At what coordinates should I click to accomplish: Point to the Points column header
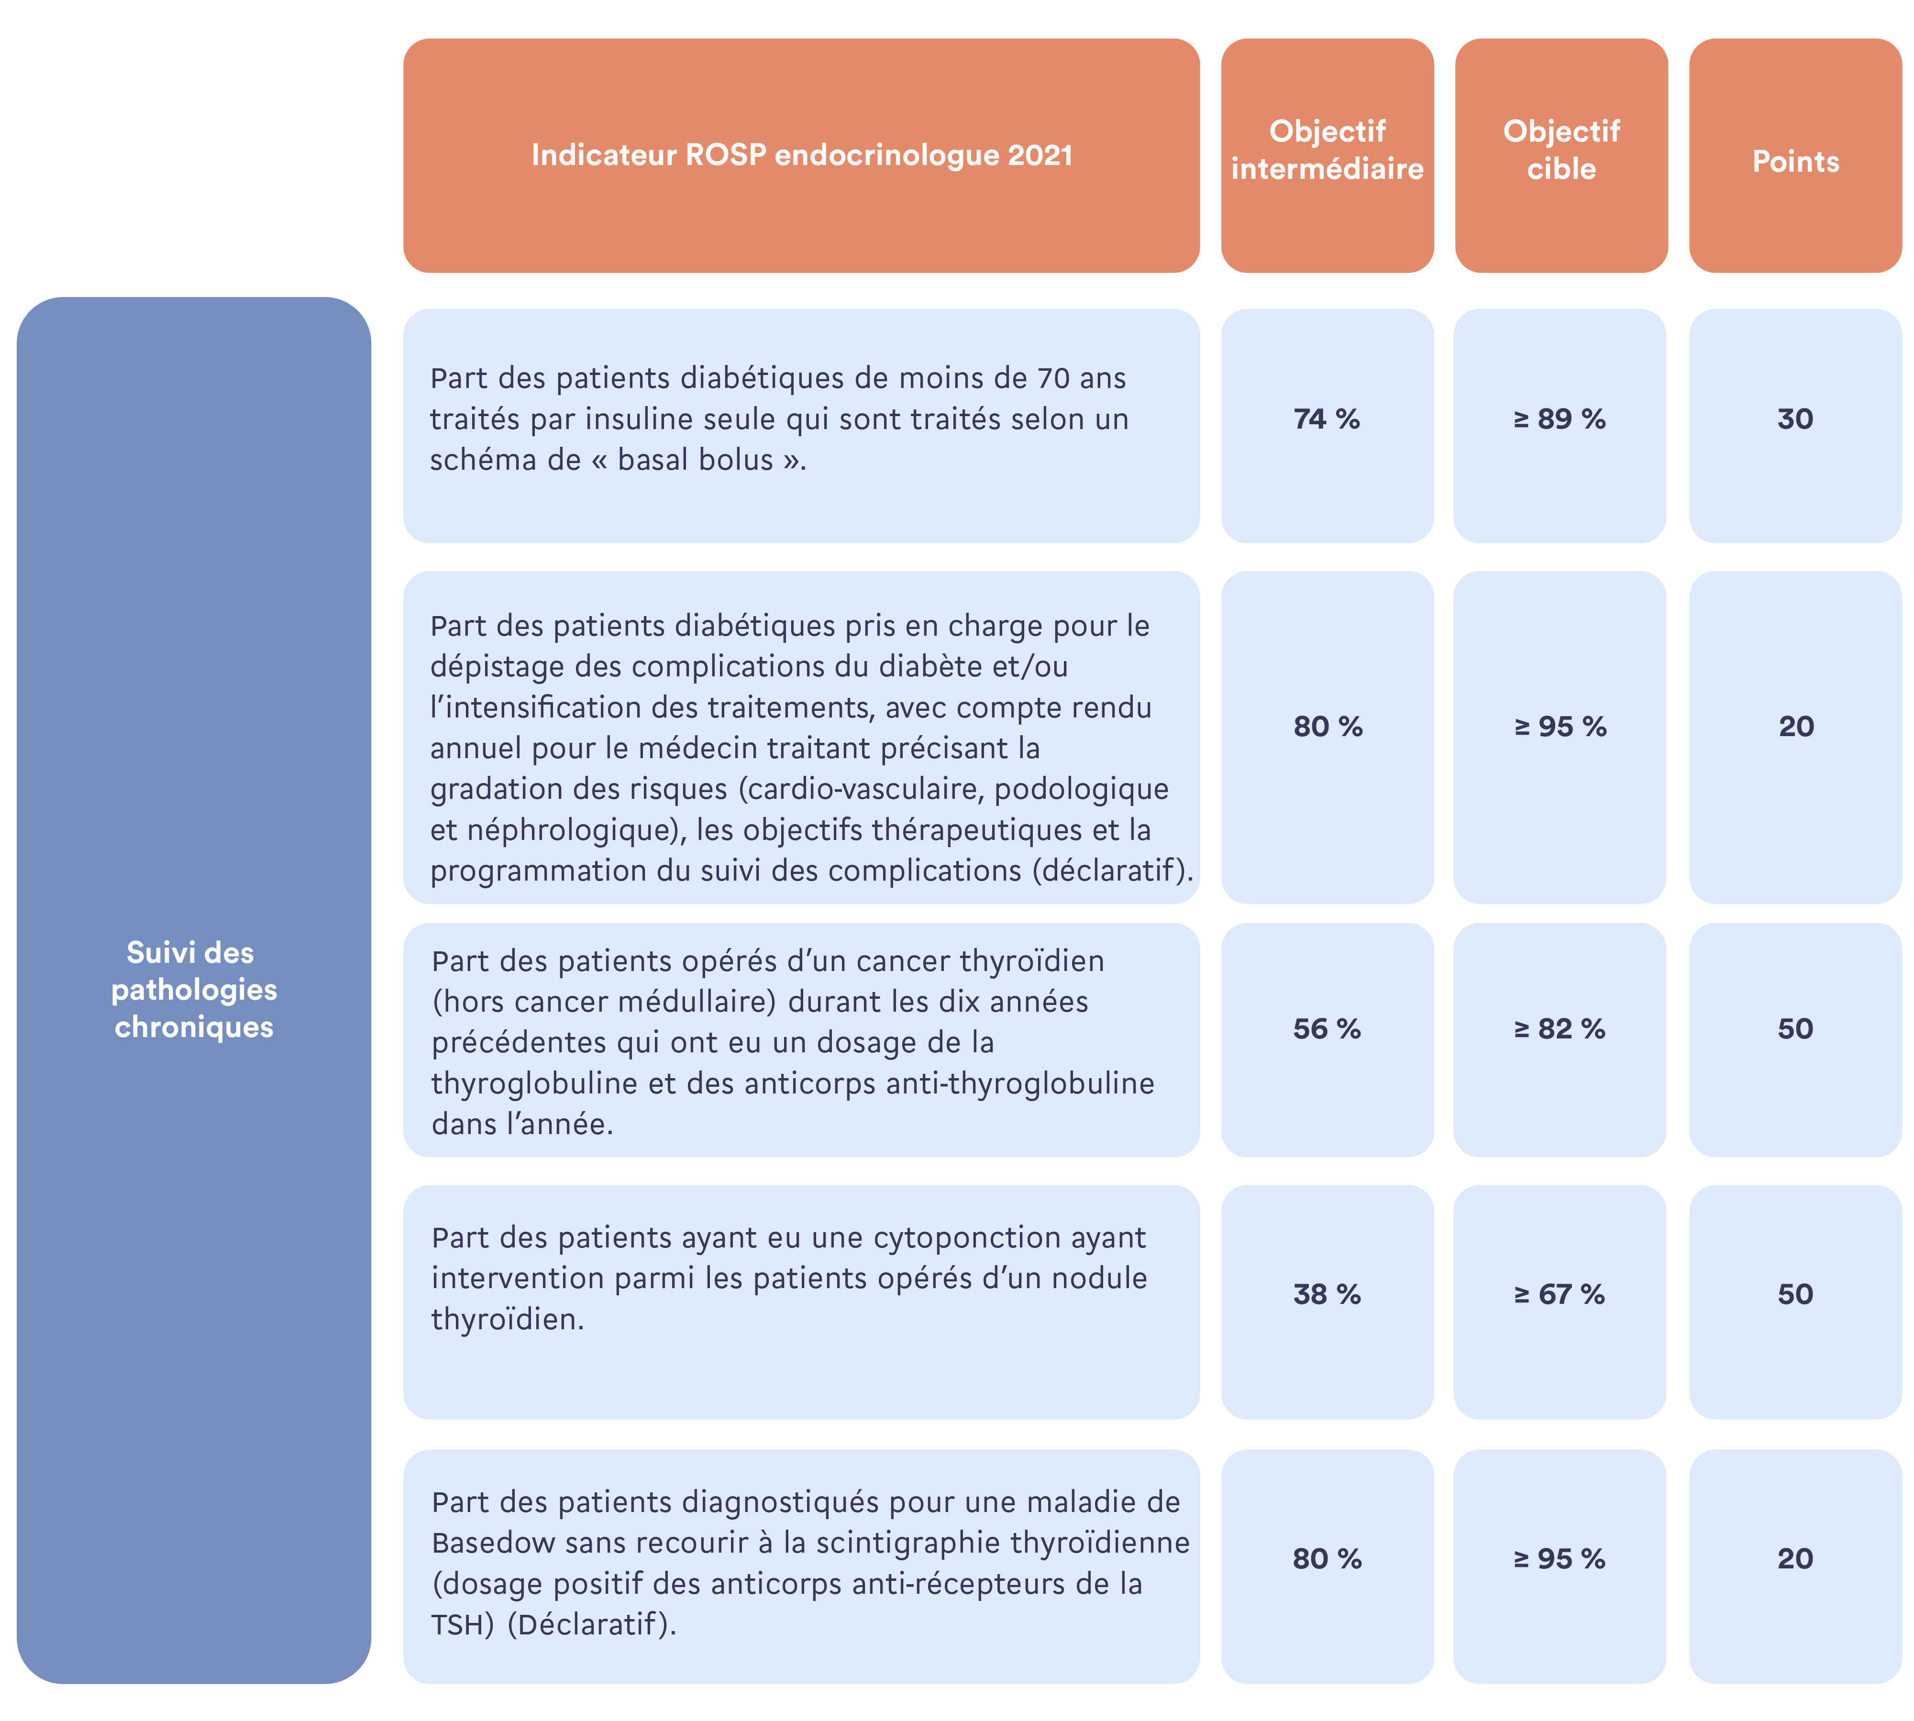pos(1795,162)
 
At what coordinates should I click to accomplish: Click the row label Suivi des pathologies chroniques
pos(194,989)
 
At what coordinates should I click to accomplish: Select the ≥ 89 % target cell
pos(1560,419)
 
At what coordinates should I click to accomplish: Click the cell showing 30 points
pos(1795,419)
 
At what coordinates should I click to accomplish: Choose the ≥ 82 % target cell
pos(1560,1029)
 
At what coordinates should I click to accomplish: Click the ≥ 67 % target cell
pos(1560,1294)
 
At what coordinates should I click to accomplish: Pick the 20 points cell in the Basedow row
pos(1795,1558)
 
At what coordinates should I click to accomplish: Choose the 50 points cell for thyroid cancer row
pos(1795,1029)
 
